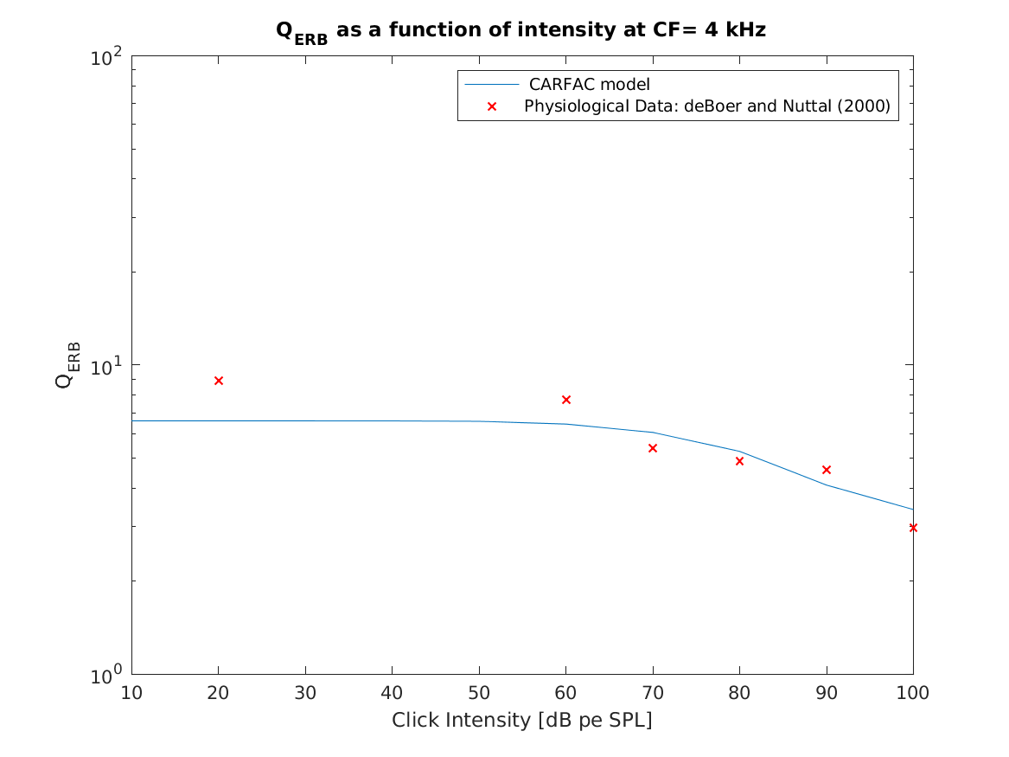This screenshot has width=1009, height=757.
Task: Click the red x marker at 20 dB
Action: point(219,381)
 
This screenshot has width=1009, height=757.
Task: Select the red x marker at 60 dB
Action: point(566,400)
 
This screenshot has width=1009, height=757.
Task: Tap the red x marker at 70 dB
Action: point(653,448)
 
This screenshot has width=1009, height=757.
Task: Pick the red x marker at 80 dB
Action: point(739,461)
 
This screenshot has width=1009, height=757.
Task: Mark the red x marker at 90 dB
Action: point(827,470)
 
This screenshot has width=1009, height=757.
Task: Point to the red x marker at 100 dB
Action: point(913,527)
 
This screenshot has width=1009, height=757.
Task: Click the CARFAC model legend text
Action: point(589,85)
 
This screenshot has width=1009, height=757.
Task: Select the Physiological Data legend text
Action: point(707,106)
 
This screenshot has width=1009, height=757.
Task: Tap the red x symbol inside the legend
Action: point(492,106)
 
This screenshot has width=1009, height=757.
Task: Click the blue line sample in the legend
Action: point(492,85)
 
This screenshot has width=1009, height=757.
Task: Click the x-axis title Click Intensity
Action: point(522,720)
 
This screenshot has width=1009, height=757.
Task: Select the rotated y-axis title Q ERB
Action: point(69,364)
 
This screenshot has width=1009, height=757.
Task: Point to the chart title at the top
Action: point(520,31)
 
